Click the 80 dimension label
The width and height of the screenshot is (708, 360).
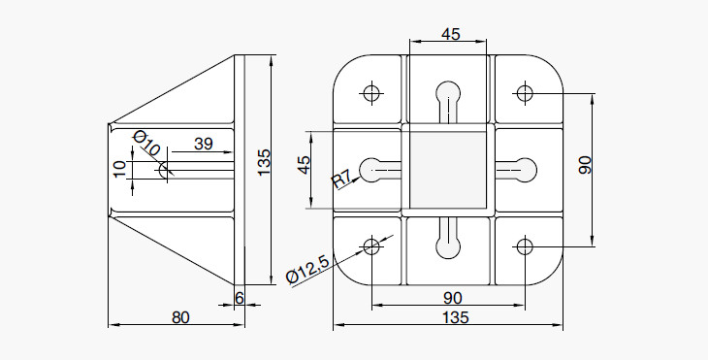coord(180,317)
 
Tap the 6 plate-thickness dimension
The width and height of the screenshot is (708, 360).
coord(240,298)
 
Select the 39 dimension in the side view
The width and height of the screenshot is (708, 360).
coord(204,144)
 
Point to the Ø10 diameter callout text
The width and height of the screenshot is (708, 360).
coord(146,144)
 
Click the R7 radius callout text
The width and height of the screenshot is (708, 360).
coord(341,180)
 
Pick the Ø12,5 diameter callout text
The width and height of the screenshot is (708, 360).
coord(308,270)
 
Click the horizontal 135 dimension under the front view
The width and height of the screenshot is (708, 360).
coord(456,317)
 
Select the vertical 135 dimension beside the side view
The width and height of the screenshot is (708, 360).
coord(263,162)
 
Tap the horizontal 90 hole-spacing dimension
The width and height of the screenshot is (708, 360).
coord(452,298)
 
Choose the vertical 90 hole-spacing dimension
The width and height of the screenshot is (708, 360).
coord(585,165)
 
